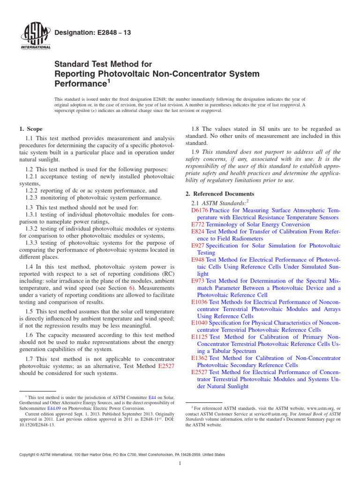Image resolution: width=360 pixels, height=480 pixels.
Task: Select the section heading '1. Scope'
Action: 30,129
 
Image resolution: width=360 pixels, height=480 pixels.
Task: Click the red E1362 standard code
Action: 200,358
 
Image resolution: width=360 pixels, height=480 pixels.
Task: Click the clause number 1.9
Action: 197,152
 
